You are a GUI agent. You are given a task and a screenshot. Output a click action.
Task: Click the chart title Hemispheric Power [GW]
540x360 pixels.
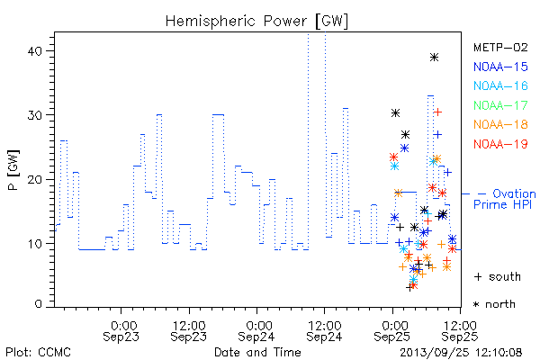[x=256, y=21]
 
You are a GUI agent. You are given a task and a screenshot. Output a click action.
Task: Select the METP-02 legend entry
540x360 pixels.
[x=500, y=47]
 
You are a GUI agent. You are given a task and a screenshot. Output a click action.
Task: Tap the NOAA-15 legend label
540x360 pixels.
[x=500, y=67]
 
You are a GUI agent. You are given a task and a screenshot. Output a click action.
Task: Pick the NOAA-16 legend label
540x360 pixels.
[x=500, y=85]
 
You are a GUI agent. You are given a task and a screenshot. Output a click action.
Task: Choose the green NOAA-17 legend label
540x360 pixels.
[x=500, y=105]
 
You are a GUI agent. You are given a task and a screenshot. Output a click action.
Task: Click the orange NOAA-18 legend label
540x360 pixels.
[x=500, y=124]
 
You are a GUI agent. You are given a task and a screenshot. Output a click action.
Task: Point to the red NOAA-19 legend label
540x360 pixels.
[x=500, y=144]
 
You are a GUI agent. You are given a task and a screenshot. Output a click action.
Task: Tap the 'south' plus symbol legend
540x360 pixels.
[x=498, y=276]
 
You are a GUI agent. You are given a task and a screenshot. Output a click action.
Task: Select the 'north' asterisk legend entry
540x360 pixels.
[x=494, y=304]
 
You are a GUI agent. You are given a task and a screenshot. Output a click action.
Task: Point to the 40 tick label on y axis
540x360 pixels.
[x=34, y=51]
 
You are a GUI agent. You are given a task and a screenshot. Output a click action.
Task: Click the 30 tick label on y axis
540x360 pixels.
[x=34, y=115]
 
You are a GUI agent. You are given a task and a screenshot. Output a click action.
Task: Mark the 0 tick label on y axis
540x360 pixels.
[x=38, y=304]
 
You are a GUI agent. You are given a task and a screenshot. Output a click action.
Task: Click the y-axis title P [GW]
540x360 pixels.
[x=14, y=170]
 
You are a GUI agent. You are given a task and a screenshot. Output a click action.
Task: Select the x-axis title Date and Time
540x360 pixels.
[x=257, y=352]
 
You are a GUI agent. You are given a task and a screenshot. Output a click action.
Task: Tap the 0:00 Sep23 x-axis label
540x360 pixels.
[x=121, y=331]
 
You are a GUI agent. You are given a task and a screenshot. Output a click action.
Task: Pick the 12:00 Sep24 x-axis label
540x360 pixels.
[x=324, y=331]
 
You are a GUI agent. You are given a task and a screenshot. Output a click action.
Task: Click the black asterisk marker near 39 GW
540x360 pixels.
[x=434, y=58]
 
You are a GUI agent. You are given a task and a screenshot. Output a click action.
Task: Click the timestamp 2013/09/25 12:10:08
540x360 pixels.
[x=461, y=352]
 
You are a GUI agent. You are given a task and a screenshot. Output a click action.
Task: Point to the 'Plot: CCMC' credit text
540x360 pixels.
[x=38, y=352]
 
